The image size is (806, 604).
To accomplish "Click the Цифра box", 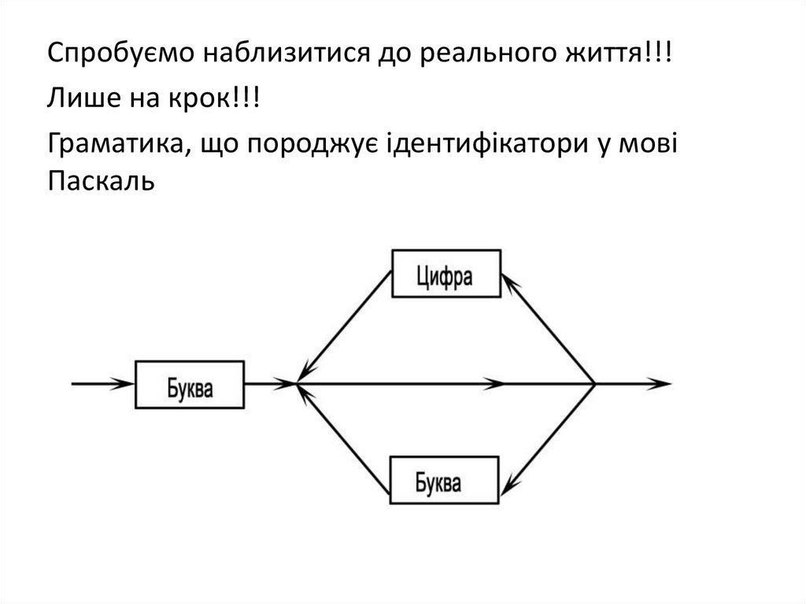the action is pos(446,273).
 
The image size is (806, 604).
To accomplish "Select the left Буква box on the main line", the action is pos(190,384).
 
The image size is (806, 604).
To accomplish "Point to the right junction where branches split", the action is pos(595,384).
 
